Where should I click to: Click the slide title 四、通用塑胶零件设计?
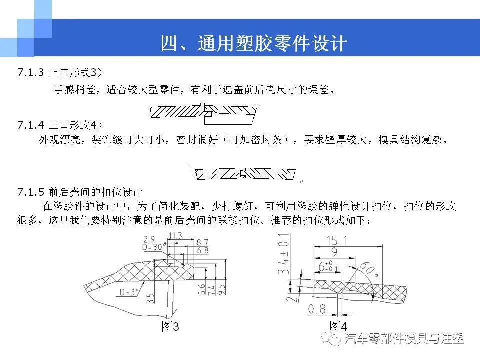[253, 43]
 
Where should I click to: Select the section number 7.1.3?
[31, 73]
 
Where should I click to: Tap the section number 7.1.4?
[31, 124]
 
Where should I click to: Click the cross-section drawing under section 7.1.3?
[204, 113]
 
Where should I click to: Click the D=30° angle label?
[154, 247]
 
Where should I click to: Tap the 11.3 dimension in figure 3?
[175, 236]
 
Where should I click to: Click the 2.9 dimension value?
[148, 239]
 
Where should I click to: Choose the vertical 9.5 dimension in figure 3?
[220, 289]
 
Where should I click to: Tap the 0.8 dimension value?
[317, 309]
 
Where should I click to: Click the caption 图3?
[170, 327]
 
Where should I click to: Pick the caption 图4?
[338, 327]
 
